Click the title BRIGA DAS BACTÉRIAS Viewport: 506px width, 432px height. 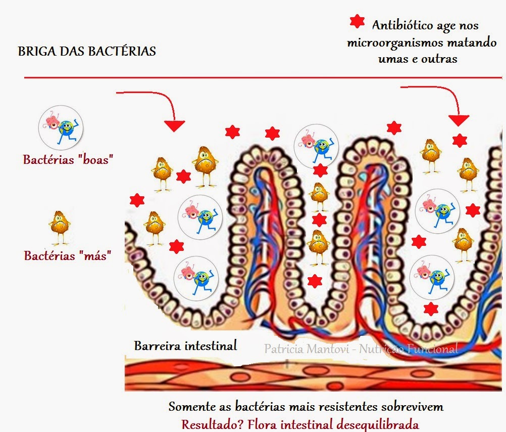[87, 51]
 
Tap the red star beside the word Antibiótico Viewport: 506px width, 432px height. [358, 21]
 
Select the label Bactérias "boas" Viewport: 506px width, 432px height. [68, 159]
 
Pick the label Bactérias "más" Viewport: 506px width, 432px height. [68, 255]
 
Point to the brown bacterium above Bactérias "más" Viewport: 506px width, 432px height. [60, 227]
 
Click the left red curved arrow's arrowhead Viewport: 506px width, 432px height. [174, 125]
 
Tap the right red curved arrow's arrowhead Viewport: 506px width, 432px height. [459, 120]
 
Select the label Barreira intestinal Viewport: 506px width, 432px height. [185, 346]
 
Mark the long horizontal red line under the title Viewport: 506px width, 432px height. [263, 77]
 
